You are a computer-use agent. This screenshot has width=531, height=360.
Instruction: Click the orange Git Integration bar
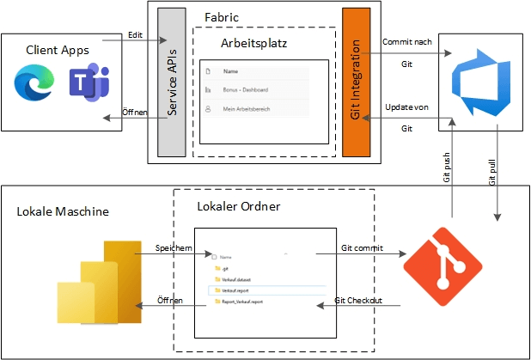356,82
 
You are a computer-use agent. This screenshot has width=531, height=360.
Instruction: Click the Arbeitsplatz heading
253,41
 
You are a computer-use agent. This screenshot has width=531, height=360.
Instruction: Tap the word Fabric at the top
223,16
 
